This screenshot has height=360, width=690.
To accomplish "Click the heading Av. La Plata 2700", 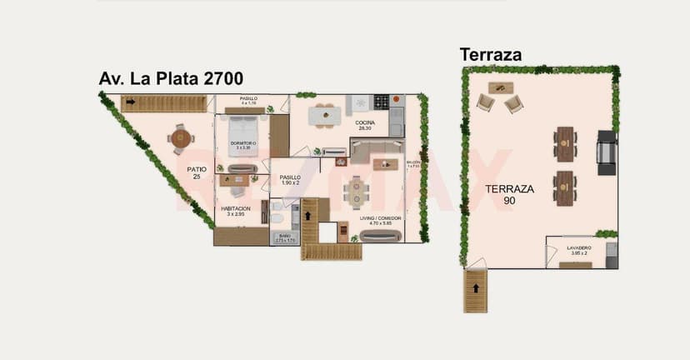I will pyautogui.click(x=171, y=79).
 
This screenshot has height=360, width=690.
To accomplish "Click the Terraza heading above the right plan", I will pyautogui.click(x=491, y=55).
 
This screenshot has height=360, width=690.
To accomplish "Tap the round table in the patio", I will pyautogui.click(x=181, y=138).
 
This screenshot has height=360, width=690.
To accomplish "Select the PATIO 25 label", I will pyautogui.click(x=197, y=172).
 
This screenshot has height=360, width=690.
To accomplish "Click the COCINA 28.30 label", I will pyautogui.click(x=365, y=126).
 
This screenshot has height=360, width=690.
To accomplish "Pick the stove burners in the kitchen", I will pyautogui.click(x=381, y=102).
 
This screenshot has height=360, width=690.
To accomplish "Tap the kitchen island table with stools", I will pyautogui.click(x=324, y=115).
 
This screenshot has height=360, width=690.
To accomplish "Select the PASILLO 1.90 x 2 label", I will pyautogui.click(x=290, y=180).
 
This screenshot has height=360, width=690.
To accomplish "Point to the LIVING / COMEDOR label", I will pyautogui.click(x=380, y=220).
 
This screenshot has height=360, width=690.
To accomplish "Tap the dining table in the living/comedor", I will pyautogui.click(x=356, y=191).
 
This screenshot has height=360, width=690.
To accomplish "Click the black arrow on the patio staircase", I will pyautogui.click(x=131, y=102).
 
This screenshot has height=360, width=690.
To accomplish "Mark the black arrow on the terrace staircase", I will pyautogui.click(x=476, y=288).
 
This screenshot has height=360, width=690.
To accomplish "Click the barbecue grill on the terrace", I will pyautogui.click(x=607, y=152).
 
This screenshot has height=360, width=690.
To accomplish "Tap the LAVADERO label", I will pyautogui.click(x=579, y=249).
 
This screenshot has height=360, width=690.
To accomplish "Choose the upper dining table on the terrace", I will pyautogui.click(x=565, y=143).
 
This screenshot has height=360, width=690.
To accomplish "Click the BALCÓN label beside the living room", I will pyautogui.click(x=413, y=163).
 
